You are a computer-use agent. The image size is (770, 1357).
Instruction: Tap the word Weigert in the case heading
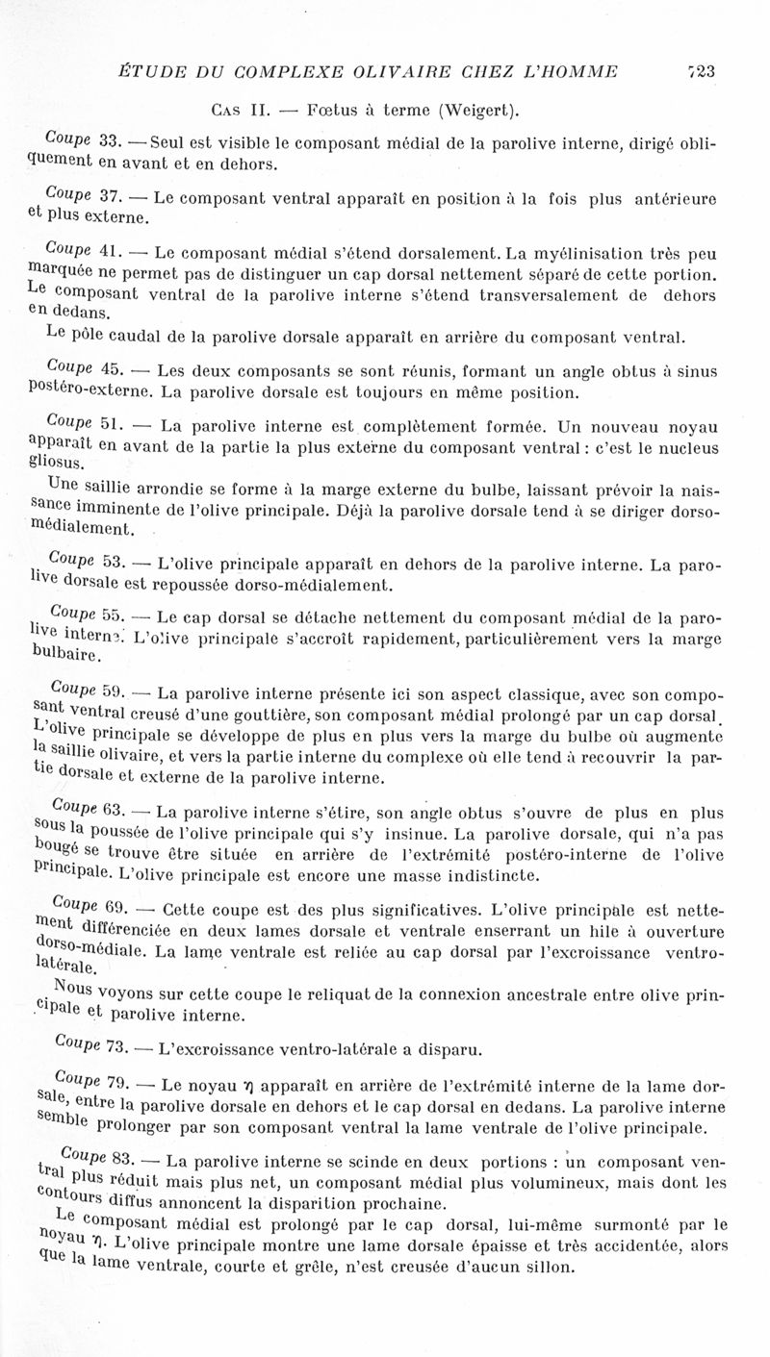click(x=475, y=110)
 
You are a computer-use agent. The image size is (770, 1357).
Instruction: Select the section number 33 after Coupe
click(x=107, y=141)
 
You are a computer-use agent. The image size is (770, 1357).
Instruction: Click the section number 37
click(x=108, y=198)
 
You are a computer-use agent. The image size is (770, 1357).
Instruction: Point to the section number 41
click(x=108, y=255)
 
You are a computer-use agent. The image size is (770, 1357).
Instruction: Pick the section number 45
click(x=109, y=371)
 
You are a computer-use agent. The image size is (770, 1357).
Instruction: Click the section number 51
click(x=110, y=425)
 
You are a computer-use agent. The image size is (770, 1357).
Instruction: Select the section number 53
click(x=113, y=563)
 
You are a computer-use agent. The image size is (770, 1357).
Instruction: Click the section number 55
click(x=113, y=616)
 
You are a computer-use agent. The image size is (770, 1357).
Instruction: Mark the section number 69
click(x=118, y=909)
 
